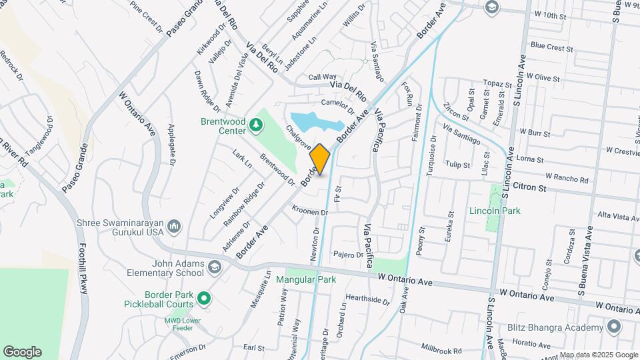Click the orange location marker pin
(x=320, y=159)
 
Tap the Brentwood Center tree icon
(x=256, y=125)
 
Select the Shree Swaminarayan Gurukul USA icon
(x=175, y=227)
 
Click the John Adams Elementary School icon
(x=215, y=267)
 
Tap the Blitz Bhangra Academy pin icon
(x=613, y=327)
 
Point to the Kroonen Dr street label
(x=310, y=211)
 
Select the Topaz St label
(x=497, y=83)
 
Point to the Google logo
(x=22, y=351)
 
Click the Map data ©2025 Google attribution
(x=599, y=355)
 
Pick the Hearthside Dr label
(x=367, y=300)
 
